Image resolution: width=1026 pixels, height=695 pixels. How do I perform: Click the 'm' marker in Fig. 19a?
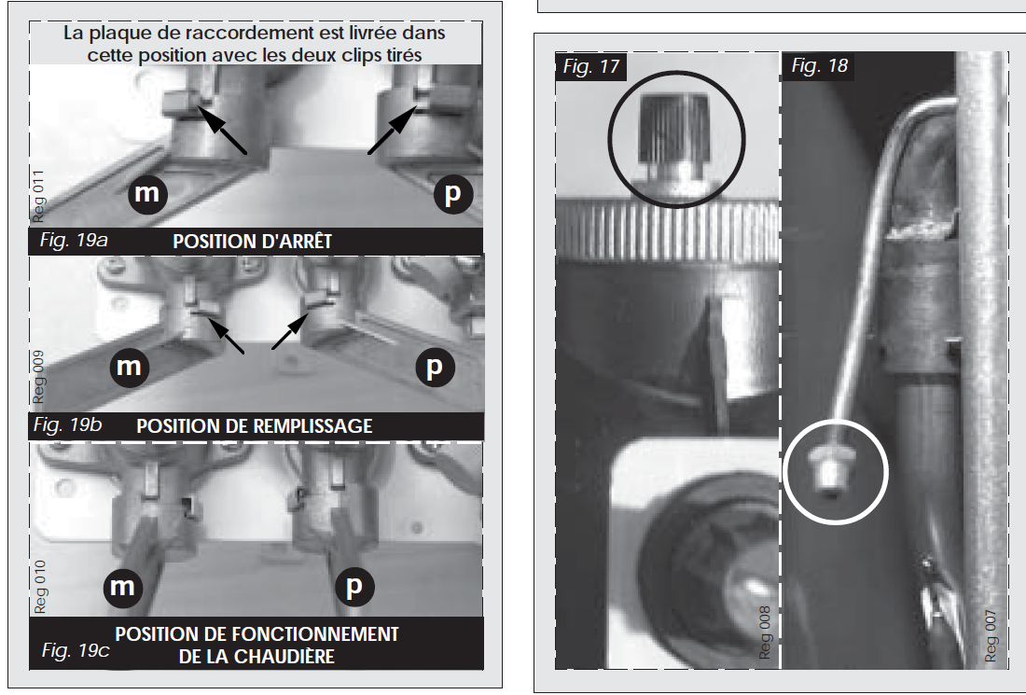147,194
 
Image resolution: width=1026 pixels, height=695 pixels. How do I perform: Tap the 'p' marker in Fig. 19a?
452,194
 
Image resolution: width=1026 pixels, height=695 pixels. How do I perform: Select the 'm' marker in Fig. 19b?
130,367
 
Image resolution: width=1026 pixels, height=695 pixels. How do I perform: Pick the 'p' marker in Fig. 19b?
436,368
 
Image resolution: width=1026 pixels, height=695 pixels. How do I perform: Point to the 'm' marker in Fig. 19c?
123,586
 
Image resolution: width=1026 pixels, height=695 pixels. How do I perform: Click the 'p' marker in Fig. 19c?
354,586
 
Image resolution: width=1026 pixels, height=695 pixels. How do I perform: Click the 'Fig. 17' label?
590,67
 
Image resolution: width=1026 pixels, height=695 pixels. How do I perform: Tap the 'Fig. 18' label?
819,65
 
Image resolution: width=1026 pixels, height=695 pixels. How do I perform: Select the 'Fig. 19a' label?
74,240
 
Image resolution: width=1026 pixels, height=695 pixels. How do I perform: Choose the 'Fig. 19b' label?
67,425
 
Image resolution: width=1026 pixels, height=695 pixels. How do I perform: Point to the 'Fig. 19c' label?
76,650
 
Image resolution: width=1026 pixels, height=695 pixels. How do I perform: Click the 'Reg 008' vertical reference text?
764,632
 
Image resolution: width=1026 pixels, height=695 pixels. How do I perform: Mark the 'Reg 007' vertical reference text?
991,636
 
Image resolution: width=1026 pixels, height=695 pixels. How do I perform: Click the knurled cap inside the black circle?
674,137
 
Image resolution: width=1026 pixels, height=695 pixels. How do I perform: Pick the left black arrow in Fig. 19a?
223,131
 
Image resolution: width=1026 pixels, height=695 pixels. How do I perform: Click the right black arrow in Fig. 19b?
290,330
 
